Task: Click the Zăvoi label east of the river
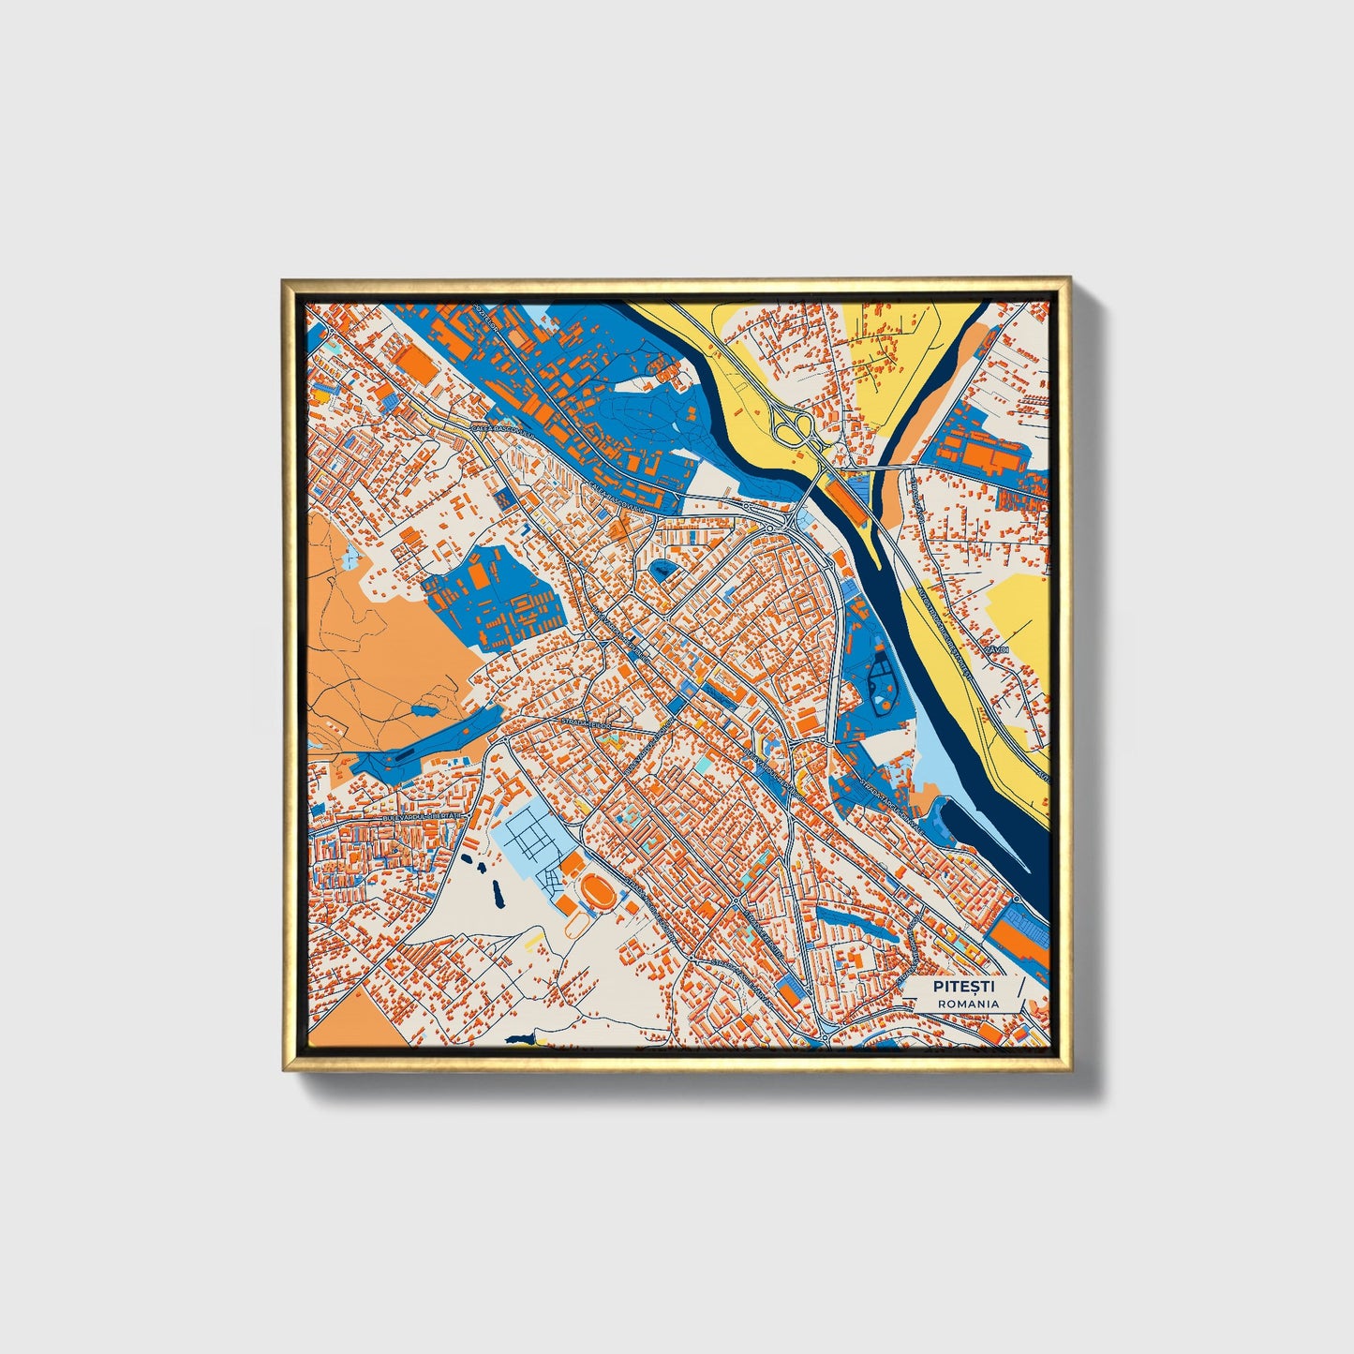pos(995,648)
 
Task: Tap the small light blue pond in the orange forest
pos(350,558)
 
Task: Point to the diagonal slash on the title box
pos(1019,993)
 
